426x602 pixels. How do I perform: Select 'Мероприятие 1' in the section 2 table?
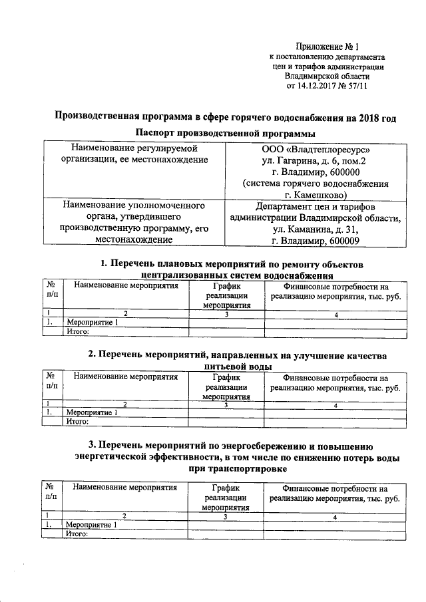pyautogui.click(x=93, y=412)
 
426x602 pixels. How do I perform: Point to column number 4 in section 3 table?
pyautogui.click(x=336, y=516)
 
